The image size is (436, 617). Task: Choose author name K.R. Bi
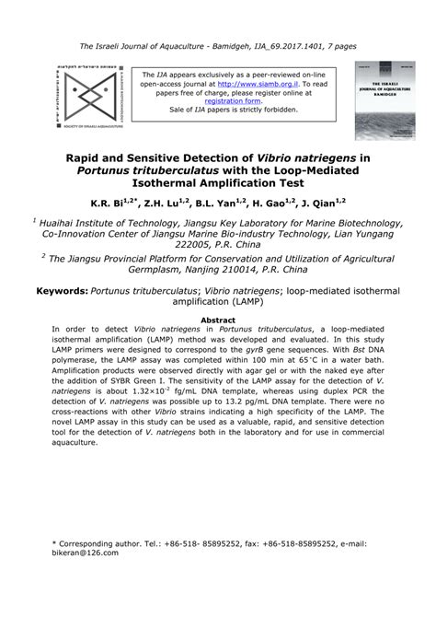(109, 204)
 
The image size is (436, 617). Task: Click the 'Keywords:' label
(62, 289)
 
